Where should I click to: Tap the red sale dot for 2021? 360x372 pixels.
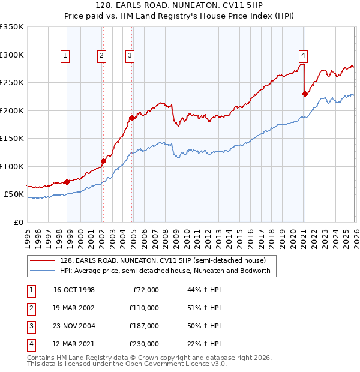[x=305, y=94]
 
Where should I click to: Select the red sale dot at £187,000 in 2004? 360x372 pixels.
[x=131, y=118]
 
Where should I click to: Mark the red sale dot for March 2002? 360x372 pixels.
[x=103, y=161]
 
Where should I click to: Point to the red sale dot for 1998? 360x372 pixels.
[x=67, y=182]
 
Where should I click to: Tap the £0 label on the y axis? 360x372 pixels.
[x=18, y=222]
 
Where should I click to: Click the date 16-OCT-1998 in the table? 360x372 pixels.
[x=74, y=290]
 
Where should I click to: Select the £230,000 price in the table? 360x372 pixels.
[x=143, y=344]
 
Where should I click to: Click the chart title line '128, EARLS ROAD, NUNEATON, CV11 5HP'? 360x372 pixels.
[x=180, y=5]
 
